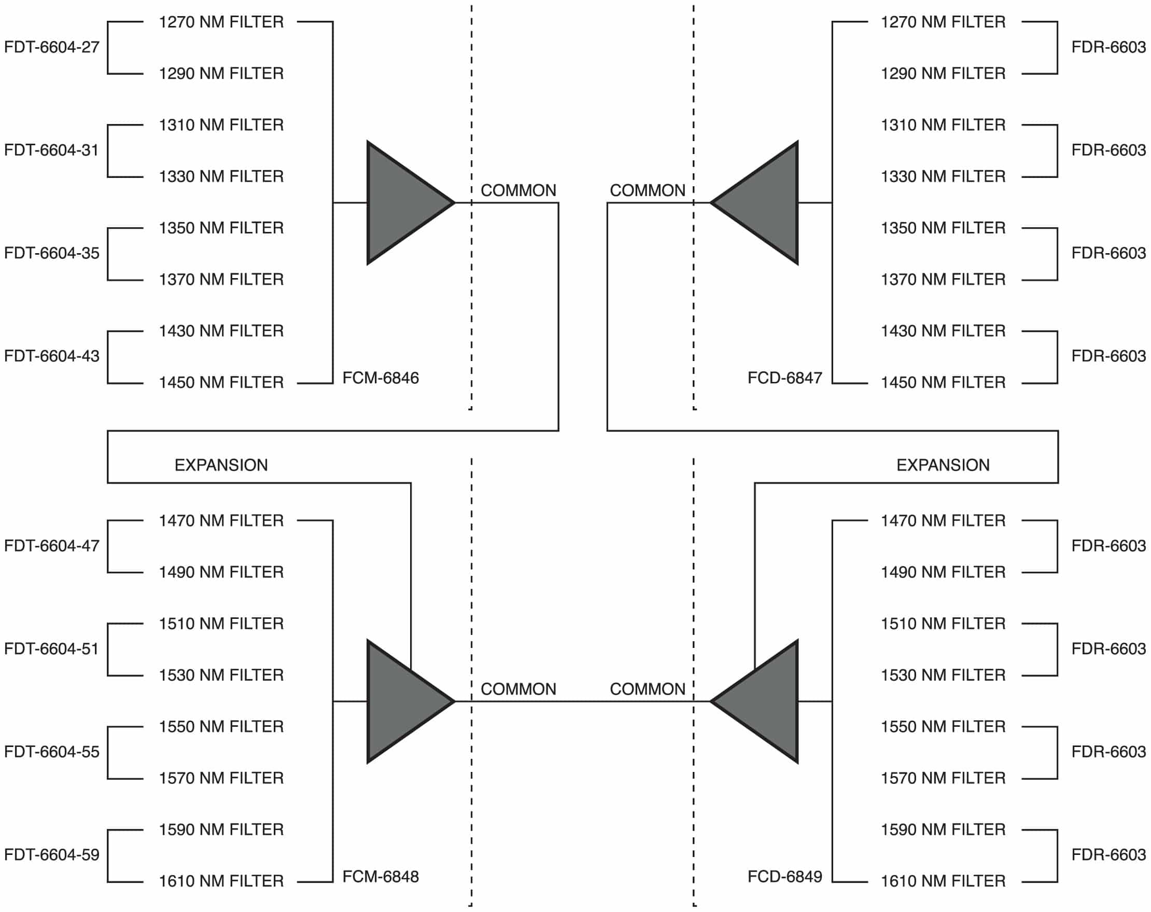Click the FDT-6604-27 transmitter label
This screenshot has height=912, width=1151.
(x=52, y=48)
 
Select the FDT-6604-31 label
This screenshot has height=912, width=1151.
(x=52, y=150)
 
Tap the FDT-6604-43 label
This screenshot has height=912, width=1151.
(x=52, y=357)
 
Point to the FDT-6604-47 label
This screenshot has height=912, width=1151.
(x=52, y=546)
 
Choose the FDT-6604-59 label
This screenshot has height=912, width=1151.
(x=52, y=855)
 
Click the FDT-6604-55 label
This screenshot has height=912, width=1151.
(x=52, y=752)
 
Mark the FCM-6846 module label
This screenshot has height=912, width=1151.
(x=381, y=379)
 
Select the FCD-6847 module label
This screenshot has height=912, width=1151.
(x=785, y=379)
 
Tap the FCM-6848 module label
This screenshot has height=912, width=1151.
(x=381, y=877)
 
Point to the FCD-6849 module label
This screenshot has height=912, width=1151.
(x=785, y=877)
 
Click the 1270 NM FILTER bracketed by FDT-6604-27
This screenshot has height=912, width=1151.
(x=221, y=22)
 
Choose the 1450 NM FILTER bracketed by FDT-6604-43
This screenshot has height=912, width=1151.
(x=221, y=383)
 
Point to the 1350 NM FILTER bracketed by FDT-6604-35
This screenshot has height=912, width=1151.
(x=221, y=229)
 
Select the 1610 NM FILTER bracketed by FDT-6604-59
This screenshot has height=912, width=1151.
(x=221, y=881)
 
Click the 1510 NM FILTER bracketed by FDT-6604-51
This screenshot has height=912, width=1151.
(x=221, y=624)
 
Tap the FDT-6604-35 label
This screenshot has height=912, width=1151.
(x=52, y=254)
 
